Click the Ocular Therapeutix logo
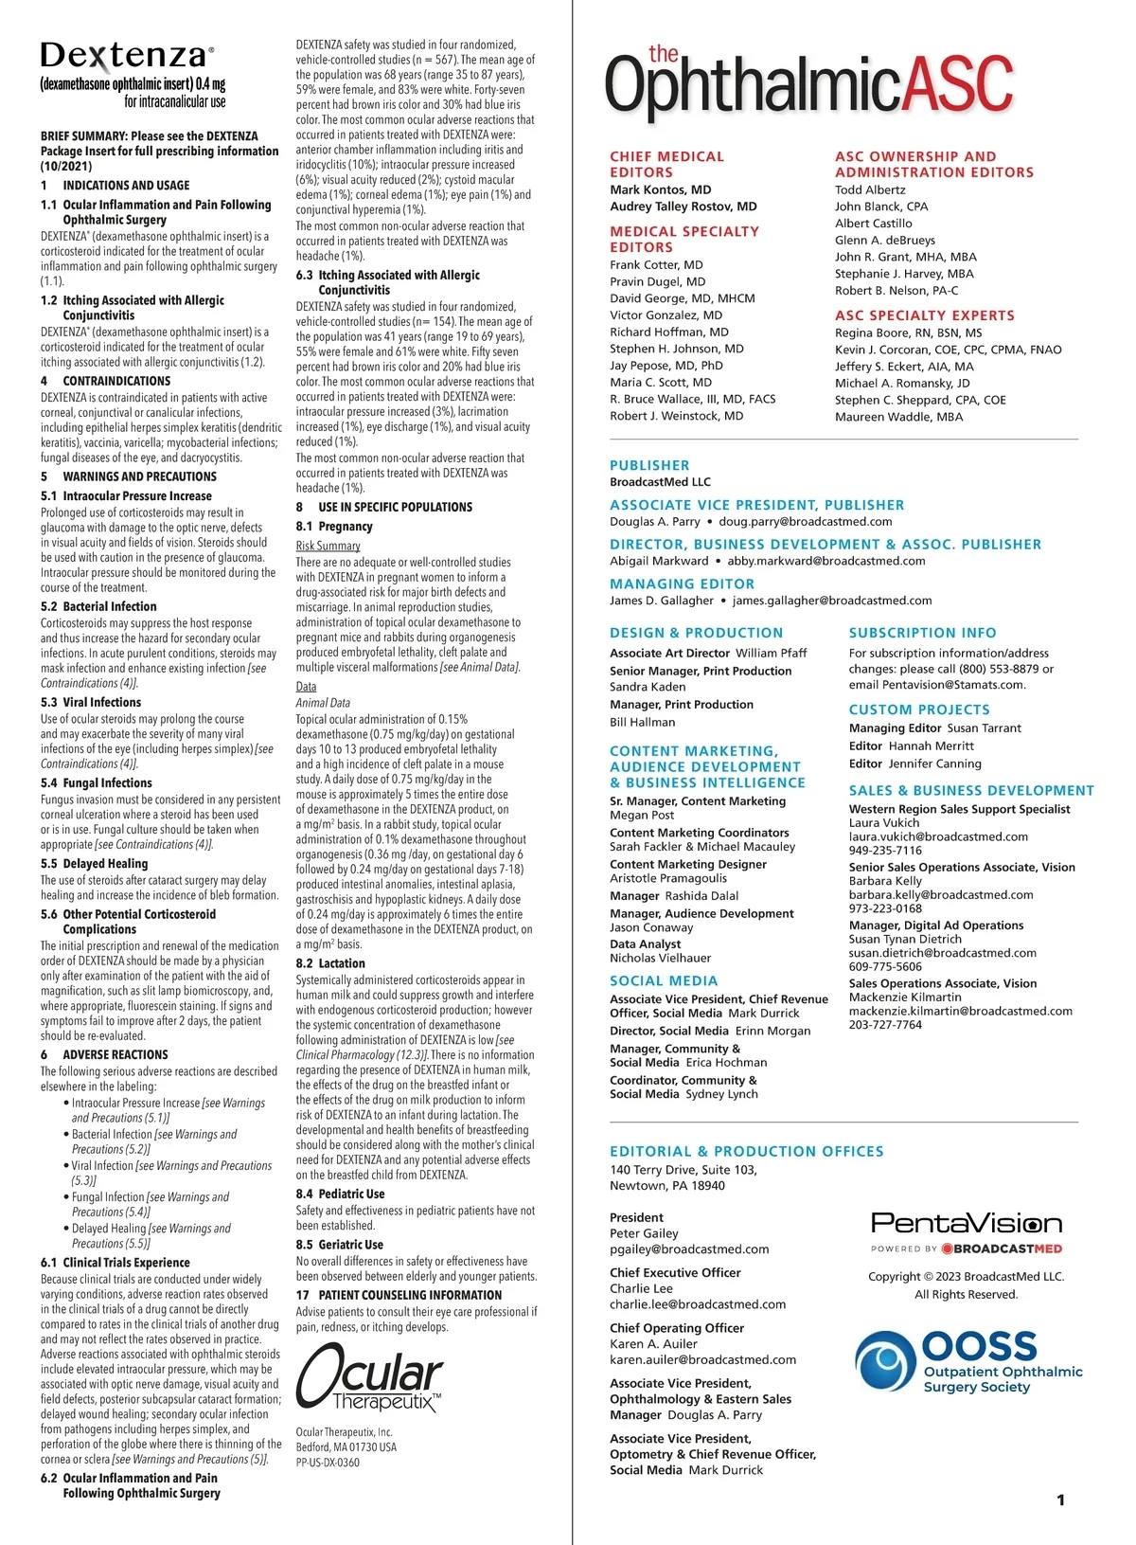[x=368, y=1379]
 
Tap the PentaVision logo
[x=966, y=1224]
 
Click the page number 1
[x=1060, y=1500]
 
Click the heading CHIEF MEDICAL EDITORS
[x=666, y=165]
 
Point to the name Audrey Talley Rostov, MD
[x=683, y=207]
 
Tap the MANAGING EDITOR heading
[x=682, y=584]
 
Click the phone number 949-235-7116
[x=885, y=851]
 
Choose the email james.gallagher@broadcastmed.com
[x=832, y=601]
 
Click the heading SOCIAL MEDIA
[x=664, y=981]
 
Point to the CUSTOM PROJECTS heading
[x=919, y=710]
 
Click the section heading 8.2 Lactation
[x=329, y=963]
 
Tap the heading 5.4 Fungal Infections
[x=96, y=783]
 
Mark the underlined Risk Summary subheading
[x=328, y=546]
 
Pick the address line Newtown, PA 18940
[x=667, y=1186]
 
